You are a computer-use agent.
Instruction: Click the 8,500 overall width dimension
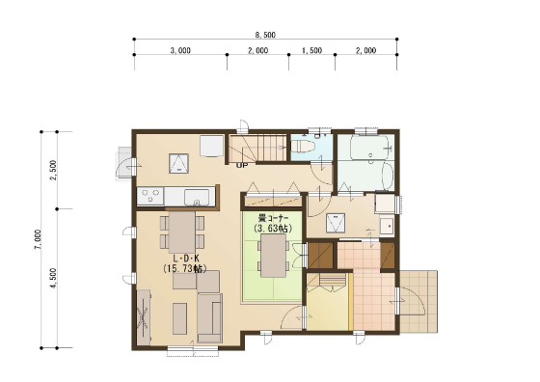point(265,35)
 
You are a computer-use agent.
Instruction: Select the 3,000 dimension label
point(180,50)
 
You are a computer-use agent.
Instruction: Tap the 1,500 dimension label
point(312,50)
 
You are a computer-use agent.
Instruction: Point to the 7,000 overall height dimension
point(38,239)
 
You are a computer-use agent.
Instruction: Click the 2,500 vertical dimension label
point(53,170)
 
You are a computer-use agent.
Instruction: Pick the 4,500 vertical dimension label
point(53,279)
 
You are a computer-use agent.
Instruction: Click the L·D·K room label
point(186,259)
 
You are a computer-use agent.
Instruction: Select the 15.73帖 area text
point(185,269)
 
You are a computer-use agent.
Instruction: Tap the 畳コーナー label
point(274,218)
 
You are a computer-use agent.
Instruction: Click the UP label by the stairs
point(242,166)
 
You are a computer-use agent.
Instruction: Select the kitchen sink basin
point(197,197)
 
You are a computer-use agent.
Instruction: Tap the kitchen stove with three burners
point(150,197)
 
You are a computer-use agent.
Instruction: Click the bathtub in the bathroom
point(369,147)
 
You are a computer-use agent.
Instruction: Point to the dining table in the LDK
point(182,232)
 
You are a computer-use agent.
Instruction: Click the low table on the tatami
point(274,256)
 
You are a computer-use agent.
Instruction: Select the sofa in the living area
point(209,317)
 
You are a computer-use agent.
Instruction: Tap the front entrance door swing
point(411,302)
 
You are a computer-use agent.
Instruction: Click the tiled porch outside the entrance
point(418,302)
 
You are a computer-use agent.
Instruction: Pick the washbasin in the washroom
point(387,227)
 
